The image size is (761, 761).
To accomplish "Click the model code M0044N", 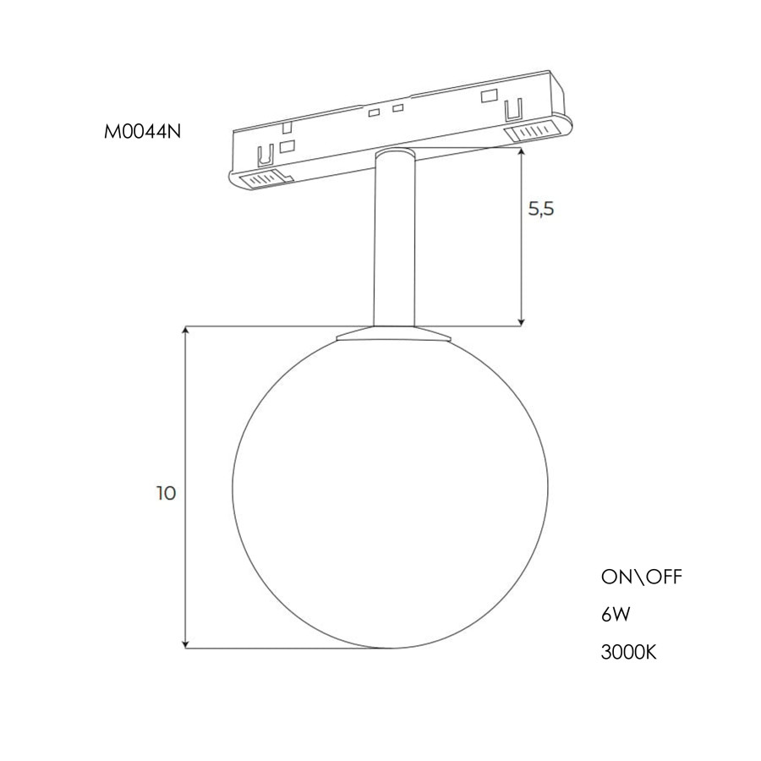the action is click(x=142, y=132).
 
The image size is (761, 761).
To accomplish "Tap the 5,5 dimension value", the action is click(x=541, y=209).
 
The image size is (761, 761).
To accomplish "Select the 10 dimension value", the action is click(x=166, y=494).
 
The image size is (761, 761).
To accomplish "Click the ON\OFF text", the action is click(x=642, y=577).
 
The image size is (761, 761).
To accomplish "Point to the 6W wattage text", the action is click(x=616, y=615).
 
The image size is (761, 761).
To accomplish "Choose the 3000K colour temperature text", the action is click(x=628, y=653).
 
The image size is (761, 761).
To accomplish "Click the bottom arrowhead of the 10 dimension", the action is click(x=185, y=644).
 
